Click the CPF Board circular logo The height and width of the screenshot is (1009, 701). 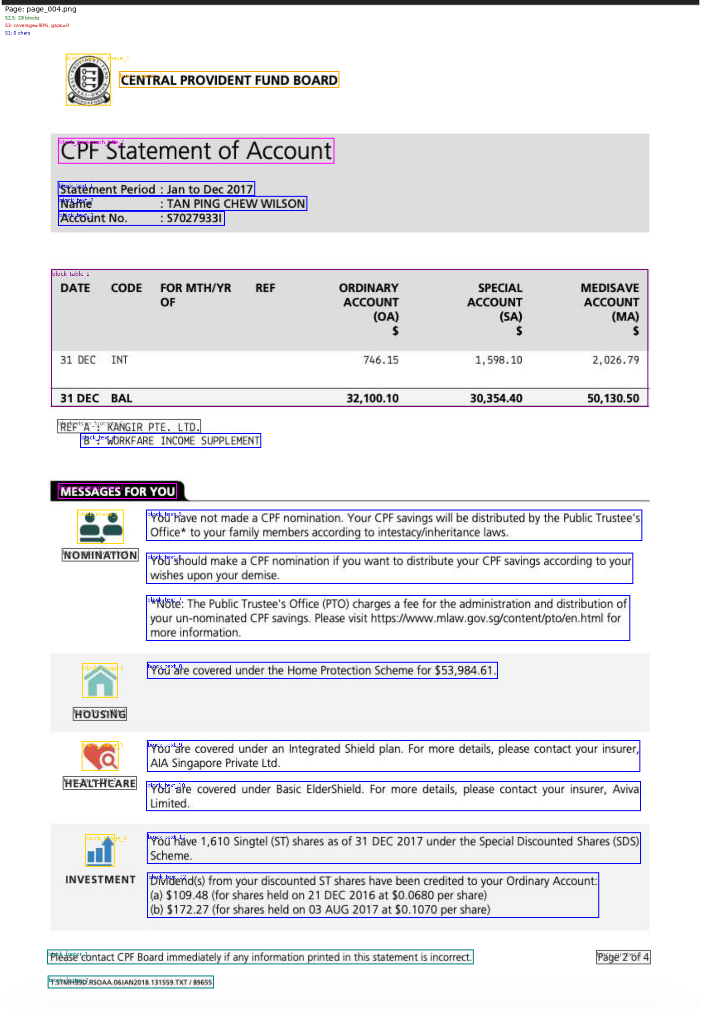click(89, 80)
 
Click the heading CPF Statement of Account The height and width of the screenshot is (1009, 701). click(196, 151)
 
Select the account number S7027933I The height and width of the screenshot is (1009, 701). click(194, 218)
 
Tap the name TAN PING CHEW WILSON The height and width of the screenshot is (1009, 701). click(235, 204)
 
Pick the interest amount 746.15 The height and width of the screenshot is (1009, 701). click(381, 360)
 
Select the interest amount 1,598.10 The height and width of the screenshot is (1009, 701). click(498, 360)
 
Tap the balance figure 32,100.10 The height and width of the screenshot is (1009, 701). click(373, 398)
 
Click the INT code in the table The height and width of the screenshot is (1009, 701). click(119, 360)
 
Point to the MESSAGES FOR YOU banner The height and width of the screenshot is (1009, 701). click(118, 491)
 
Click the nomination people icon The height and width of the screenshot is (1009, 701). click(101, 527)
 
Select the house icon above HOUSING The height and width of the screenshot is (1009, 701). click(100, 681)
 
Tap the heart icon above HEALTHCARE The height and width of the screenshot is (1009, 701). click(100, 756)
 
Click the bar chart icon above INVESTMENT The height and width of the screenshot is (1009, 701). click(100, 851)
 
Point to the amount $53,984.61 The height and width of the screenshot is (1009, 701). click(464, 670)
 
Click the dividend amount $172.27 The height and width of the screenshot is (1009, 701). click(187, 909)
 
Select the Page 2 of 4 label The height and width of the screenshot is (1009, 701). click(623, 957)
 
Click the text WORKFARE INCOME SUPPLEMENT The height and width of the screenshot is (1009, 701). click(183, 440)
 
